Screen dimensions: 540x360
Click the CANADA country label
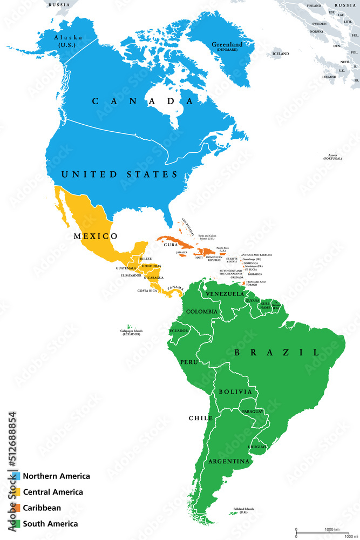tap(142, 101)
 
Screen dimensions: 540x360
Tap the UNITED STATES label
tap(119, 174)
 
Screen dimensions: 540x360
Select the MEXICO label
tap(96, 236)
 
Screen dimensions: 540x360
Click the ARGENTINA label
tap(228, 462)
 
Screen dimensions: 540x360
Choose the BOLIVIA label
tap(235, 391)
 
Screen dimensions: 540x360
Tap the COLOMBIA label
tap(202, 312)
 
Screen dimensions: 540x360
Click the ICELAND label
tap(280, 54)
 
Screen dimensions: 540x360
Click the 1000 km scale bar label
tap(331, 529)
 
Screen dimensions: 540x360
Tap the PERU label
tap(189, 361)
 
